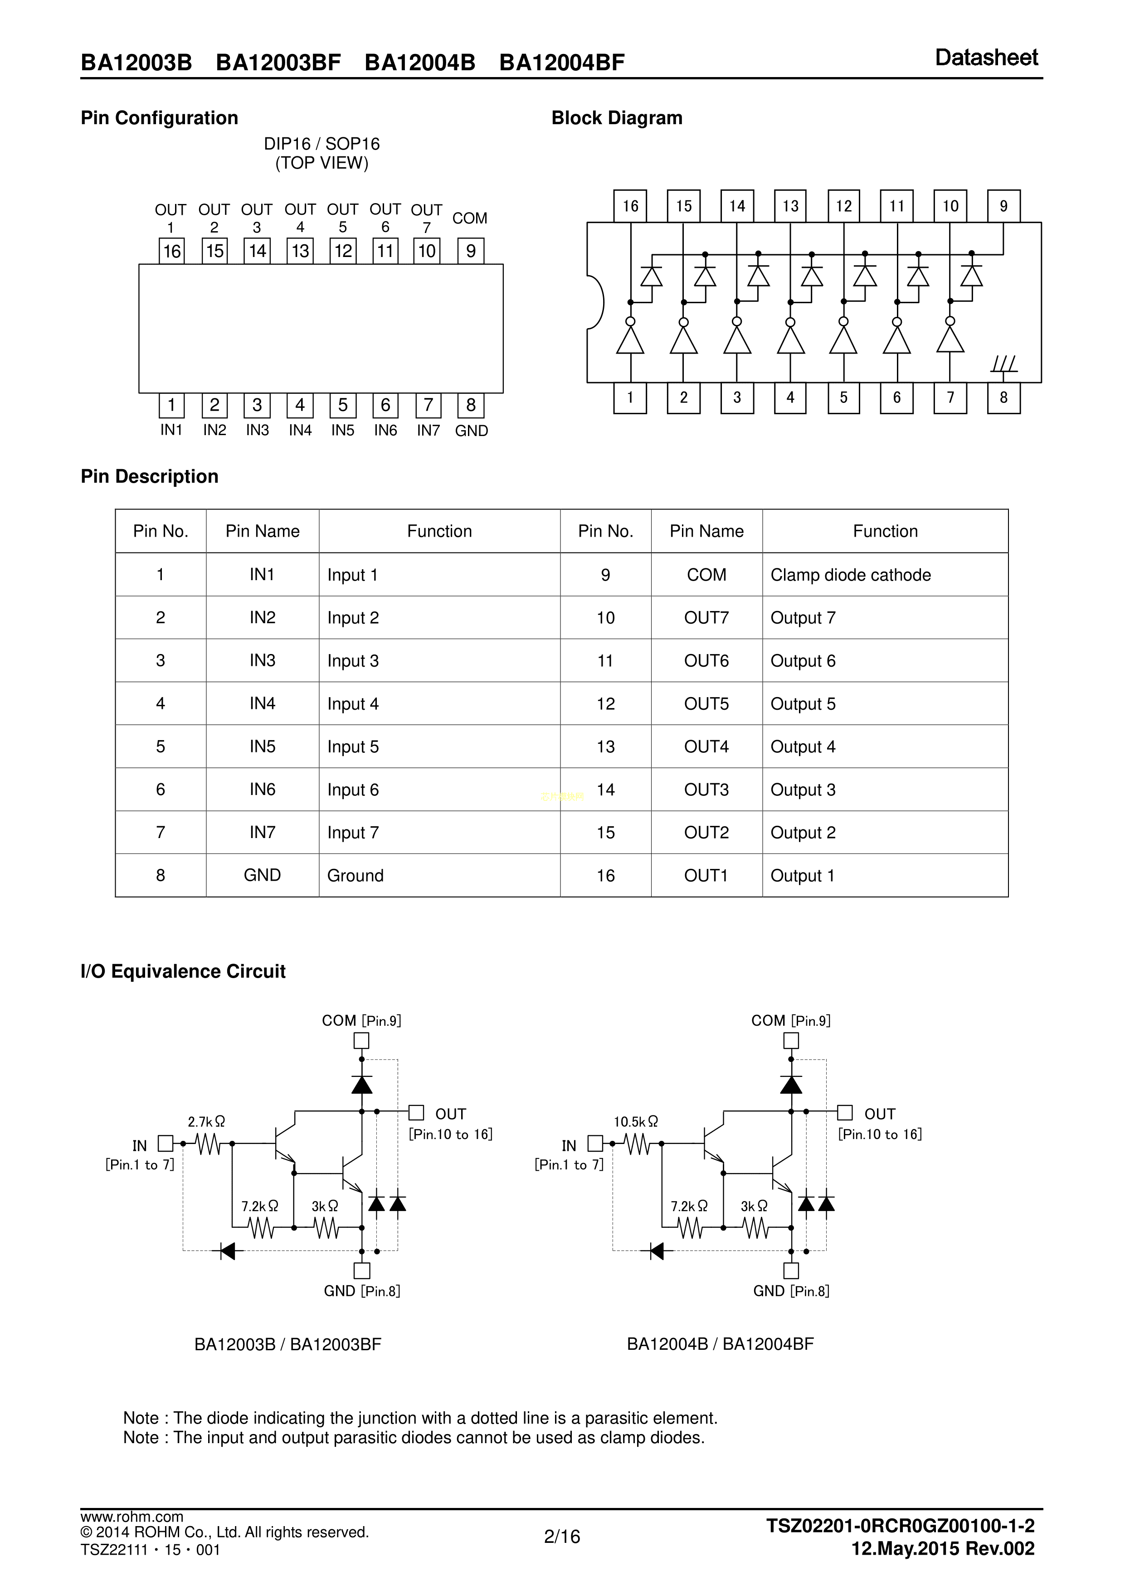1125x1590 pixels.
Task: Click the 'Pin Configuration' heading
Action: click(x=159, y=118)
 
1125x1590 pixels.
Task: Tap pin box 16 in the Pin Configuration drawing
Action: click(x=172, y=251)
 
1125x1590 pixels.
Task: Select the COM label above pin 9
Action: click(x=470, y=218)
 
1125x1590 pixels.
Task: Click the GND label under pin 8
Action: click(x=472, y=431)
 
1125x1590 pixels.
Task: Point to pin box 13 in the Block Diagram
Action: click(x=790, y=206)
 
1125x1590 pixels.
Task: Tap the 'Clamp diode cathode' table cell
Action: click(x=851, y=575)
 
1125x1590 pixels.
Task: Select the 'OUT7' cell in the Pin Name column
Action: click(x=706, y=618)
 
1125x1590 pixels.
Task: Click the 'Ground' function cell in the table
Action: click(x=356, y=875)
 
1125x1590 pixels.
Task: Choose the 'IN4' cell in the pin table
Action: click(x=263, y=703)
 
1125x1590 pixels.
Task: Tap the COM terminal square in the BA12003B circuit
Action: click(x=361, y=1041)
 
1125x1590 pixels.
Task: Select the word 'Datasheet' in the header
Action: click(x=986, y=58)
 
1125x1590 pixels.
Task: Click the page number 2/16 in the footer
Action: click(x=562, y=1537)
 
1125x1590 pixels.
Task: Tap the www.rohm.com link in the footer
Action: click(x=131, y=1517)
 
